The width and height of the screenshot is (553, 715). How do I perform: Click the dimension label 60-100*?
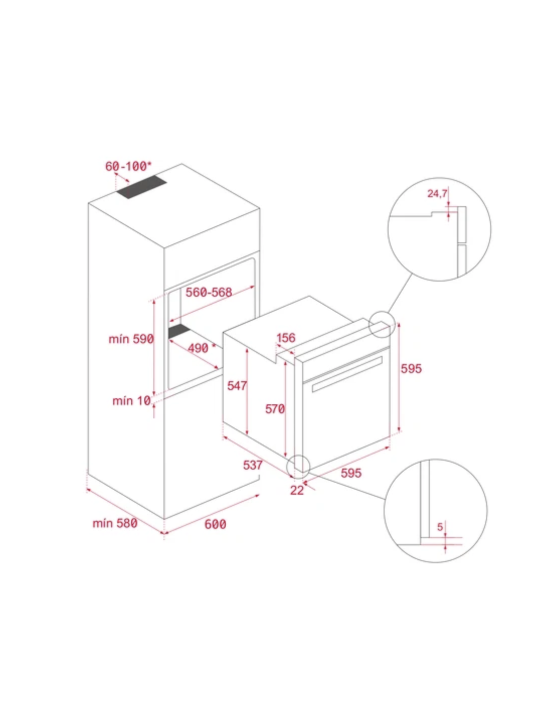pos(129,166)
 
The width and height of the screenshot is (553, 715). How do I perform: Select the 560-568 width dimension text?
pos(209,292)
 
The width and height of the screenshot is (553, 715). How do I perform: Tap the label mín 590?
pos(131,338)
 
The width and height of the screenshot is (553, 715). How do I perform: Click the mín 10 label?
pos(132,401)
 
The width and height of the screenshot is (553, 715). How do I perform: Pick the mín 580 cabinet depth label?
pos(115,523)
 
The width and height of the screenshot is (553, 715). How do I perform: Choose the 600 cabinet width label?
pos(215,524)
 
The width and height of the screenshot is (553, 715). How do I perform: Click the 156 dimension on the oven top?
pos(286,338)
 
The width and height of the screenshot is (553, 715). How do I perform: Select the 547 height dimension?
pos(237,386)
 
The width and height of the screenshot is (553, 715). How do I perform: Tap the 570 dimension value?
pos(275,409)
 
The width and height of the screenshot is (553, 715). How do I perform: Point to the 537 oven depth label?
pos(253,465)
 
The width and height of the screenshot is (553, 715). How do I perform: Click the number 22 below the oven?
pos(297,490)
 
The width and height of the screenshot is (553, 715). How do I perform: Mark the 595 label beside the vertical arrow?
pos(411,369)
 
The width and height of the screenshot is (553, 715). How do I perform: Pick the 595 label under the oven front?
pos(351,473)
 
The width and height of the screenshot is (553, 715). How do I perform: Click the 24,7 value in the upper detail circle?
pos(437,194)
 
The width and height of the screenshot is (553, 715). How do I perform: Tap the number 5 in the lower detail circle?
pos(440,527)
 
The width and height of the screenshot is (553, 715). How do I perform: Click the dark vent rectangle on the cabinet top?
pos(142,187)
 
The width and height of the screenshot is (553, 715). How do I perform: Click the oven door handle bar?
pos(347,374)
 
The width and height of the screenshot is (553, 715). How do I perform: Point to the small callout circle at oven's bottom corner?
pos(287,467)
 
